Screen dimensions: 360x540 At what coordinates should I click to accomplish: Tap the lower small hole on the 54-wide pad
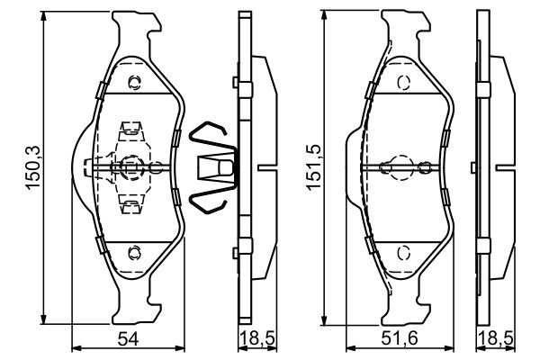coord(134,251)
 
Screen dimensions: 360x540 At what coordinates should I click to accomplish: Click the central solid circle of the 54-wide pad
coord(131,166)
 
